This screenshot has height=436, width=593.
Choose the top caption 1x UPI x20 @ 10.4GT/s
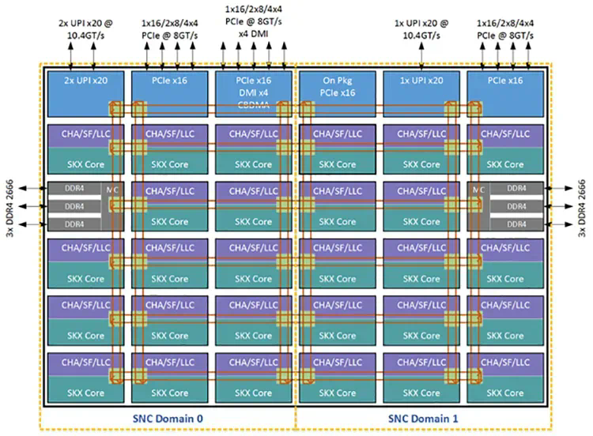tap(421, 30)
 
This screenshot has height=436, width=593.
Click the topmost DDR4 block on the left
tap(74, 190)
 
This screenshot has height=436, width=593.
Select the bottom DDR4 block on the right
tap(516, 224)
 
